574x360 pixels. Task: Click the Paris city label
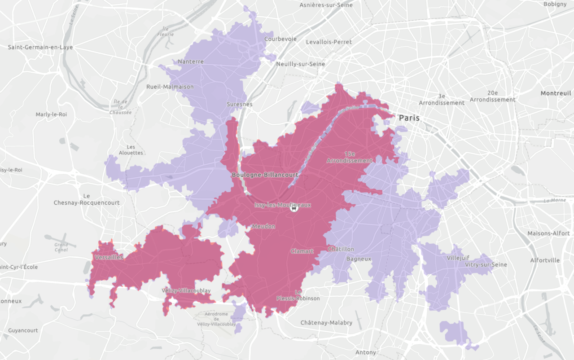pyautogui.click(x=409, y=118)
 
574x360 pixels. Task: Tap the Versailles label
pyautogui.click(x=109, y=257)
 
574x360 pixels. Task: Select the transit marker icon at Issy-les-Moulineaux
pyautogui.click(x=294, y=208)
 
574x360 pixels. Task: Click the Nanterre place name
pyautogui.click(x=191, y=61)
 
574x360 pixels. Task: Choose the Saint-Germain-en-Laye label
pyautogui.click(x=40, y=47)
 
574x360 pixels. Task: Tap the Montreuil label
pyautogui.click(x=556, y=93)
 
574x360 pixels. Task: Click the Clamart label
pyautogui.click(x=302, y=251)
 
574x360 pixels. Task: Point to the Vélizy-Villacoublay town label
pyautogui.click(x=186, y=290)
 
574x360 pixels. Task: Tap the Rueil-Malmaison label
pyautogui.click(x=170, y=87)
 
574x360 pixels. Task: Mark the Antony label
pyautogui.click(x=366, y=352)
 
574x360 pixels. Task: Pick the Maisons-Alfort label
pyautogui.click(x=548, y=233)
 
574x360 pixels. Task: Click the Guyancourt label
pyautogui.click(x=23, y=330)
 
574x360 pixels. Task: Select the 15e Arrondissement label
pyautogui.click(x=350, y=157)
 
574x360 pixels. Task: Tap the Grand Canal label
pyautogui.click(x=61, y=247)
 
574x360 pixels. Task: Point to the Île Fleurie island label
pyautogui.click(x=166, y=31)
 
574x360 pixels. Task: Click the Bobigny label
pyautogui.click(x=555, y=4)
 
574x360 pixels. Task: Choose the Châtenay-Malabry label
pyautogui.click(x=326, y=323)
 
